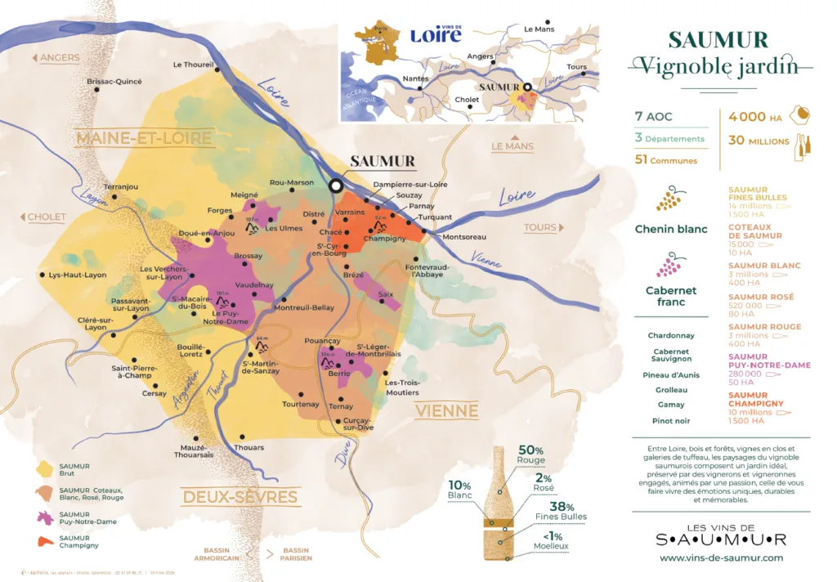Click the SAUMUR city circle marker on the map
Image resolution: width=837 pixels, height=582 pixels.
(336, 186)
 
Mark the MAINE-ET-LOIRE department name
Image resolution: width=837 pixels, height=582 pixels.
(144, 138)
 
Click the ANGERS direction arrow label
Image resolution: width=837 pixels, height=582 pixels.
(55, 58)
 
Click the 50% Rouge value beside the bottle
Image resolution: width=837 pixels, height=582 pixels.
(530, 454)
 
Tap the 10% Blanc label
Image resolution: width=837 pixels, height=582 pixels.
(459, 490)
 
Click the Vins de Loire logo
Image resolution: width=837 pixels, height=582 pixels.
(436, 34)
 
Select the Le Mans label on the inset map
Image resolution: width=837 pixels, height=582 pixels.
(539, 29)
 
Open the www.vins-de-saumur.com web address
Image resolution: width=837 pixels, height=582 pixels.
(721, 557)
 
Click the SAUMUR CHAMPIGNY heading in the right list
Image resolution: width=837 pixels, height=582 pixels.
(755, 400)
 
